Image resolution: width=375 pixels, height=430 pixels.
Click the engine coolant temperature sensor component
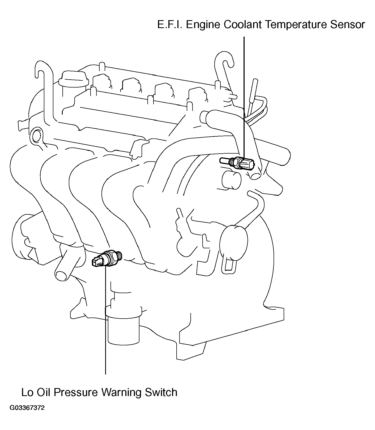[237, 163]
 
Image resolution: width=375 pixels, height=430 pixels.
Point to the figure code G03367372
[27, 415]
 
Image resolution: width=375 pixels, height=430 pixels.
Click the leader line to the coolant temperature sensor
[244, 97]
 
